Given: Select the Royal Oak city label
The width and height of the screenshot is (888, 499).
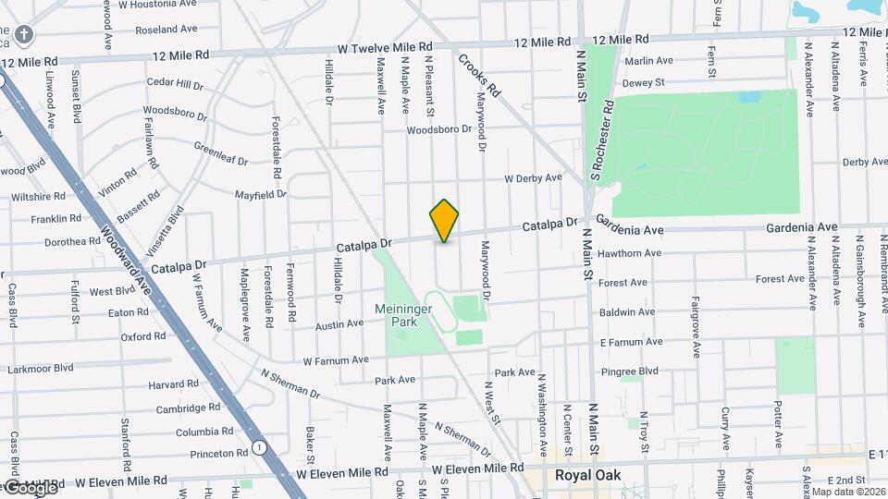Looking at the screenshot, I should (x=587, y=476).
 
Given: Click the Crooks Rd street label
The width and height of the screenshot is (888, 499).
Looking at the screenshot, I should (x=478, y=76).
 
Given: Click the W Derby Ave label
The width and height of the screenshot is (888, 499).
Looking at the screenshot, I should (x=533, y=177).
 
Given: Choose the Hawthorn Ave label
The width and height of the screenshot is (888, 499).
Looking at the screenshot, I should (x=629, y=252).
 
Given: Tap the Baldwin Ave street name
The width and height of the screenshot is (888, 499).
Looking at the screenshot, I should (x=627, y=312).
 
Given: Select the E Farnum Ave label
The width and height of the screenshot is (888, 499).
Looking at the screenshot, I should (x=631, y=342).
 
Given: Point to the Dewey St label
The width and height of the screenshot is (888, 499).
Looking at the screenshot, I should (x=644, y=83).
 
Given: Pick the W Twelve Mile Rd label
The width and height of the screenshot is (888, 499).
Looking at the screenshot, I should (x=385, y=47).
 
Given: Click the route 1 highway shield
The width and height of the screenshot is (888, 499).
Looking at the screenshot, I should (x=261, y=448).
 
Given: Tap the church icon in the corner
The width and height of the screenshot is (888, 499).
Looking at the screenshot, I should (x=23, y=36).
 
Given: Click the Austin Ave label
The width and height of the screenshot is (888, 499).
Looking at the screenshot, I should (x=339, y=324).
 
